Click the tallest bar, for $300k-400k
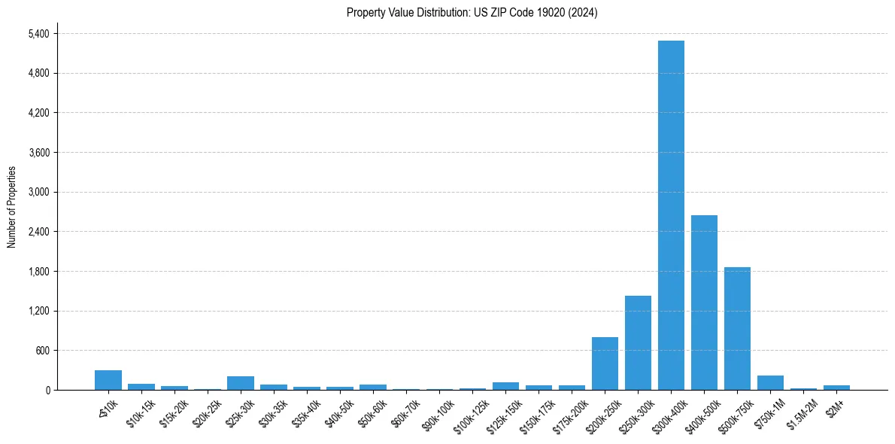pyautogui.click(x=671, y=215)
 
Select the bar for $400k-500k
pyautogui.click(x=704, y=303)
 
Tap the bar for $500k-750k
pyautogui.click(x=737, y=329)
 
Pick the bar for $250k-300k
pyautogui.click(x=638, y=343)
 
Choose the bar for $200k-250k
pyautogui.click(x=605, y=363)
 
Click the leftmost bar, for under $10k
pyautogui.click(x=108, y=380)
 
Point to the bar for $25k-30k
pyautogui.click(x=241, y=383)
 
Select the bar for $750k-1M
pyautogui.click(x=770, y=382)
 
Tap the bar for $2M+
pyautogui.click(x=836, y=388)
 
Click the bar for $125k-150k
pyautogui.click(x=505, y=386)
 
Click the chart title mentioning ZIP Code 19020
pyautogui.click(x=472, y=13)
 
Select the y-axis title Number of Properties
pyautogui.click(x=12, y=207)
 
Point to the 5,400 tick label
pyautogui.click(x=38, y=34)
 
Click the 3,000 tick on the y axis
pyautogui.click(x=38, y=192)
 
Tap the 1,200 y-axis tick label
pyautogui.click(x=38, y=311)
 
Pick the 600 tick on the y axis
pyautogui.click(x=42, y=351)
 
